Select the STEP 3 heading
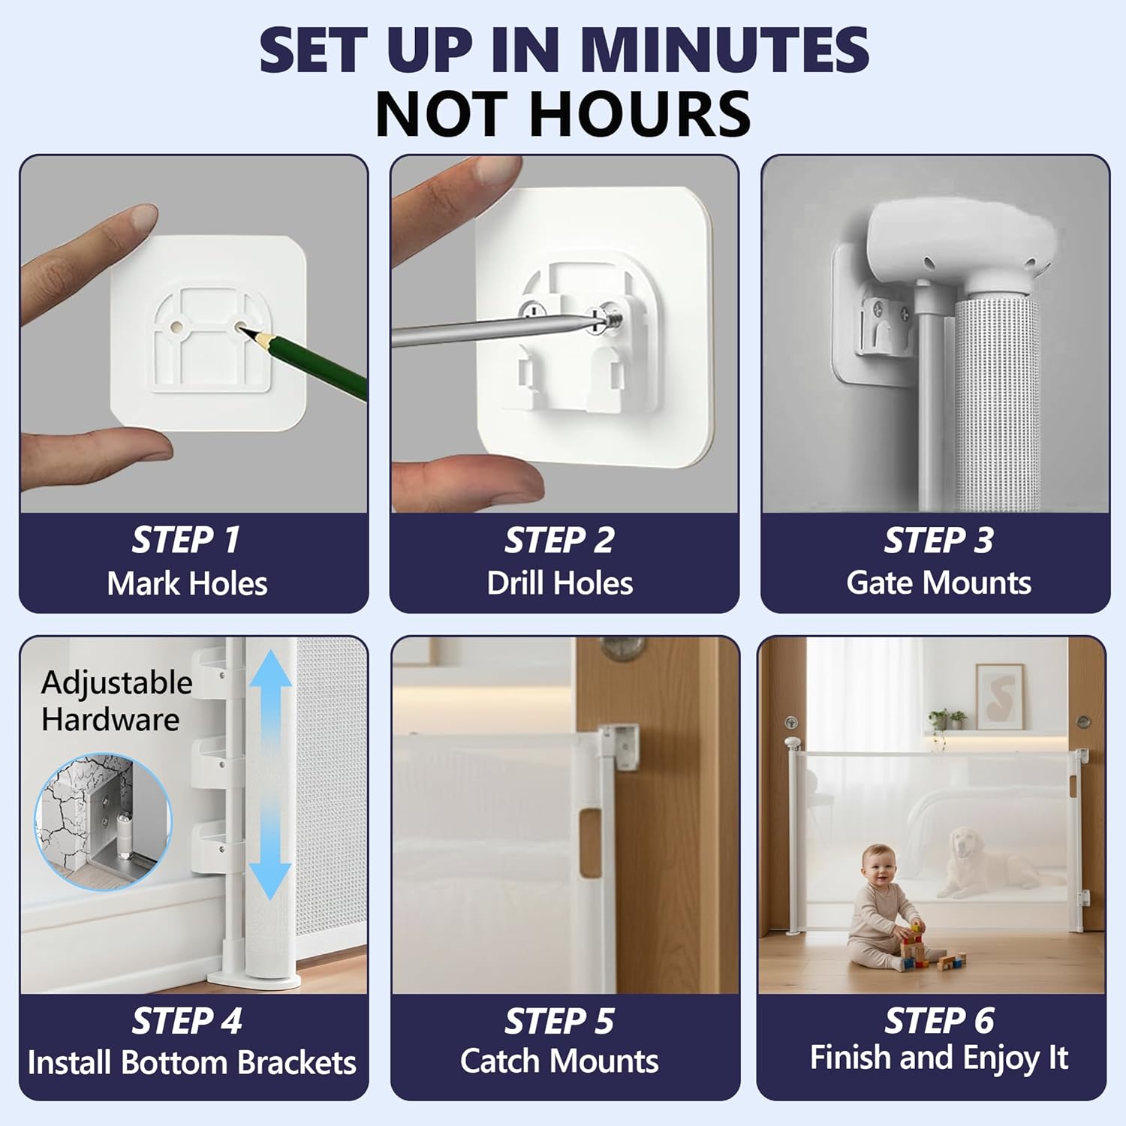pyautogui.click(x=938, y=540)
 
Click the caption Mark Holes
pyautogui.click(x=187, y=583)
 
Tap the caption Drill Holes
pyautogui.click(x=559, y=583)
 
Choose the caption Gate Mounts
pyautogui.click(x=938, y=583)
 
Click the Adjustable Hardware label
pyautogui.click(x=116, y=700)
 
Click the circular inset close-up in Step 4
pyautogui.click(x=103, y=822)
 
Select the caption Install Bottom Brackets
pyautogui.click(x=191, y=1063)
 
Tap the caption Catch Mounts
pyautogui.click(x=559, y=1061)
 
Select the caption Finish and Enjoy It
pyautogui.click(x=938, y=1058)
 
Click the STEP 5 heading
pyautogui.click(x=559, y=1021)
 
